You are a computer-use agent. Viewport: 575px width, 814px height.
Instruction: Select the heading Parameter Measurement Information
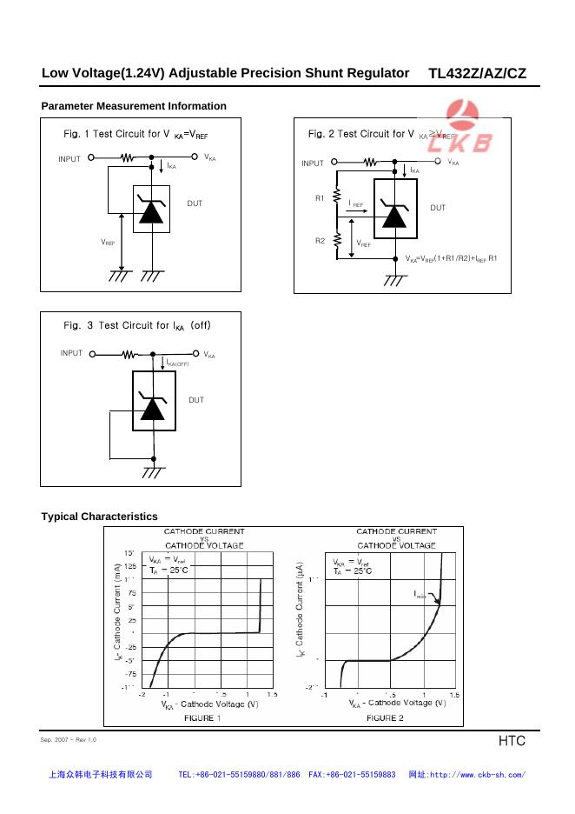[x=134, y=106]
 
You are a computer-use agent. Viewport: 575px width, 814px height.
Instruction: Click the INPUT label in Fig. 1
[x=69, y=159]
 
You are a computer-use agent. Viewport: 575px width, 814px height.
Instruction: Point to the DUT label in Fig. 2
[x=438, y=208]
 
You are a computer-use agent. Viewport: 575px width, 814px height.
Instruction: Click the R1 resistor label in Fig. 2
[x=320, y=198]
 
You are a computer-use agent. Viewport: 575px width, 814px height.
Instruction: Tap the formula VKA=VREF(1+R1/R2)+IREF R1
[x=452, y=258]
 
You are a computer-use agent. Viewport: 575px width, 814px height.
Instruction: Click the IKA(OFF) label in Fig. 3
[x=177, y=363]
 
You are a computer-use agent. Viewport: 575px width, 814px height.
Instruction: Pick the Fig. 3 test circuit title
[x=137, y=325]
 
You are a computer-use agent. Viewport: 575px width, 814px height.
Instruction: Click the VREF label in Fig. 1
[x=108, y=243]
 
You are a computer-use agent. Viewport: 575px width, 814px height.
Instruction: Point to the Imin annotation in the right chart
[x=420, y=595]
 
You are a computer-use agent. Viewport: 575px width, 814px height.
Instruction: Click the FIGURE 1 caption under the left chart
[x=202, y=718]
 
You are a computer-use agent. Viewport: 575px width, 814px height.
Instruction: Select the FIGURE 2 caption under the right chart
[x=385, y=718]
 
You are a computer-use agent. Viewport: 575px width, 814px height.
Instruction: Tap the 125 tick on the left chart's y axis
[x=130, y=565]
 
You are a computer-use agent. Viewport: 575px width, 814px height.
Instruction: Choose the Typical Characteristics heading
[x=100, y=517]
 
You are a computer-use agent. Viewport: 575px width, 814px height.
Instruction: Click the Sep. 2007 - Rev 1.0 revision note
[x=69, y=739]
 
